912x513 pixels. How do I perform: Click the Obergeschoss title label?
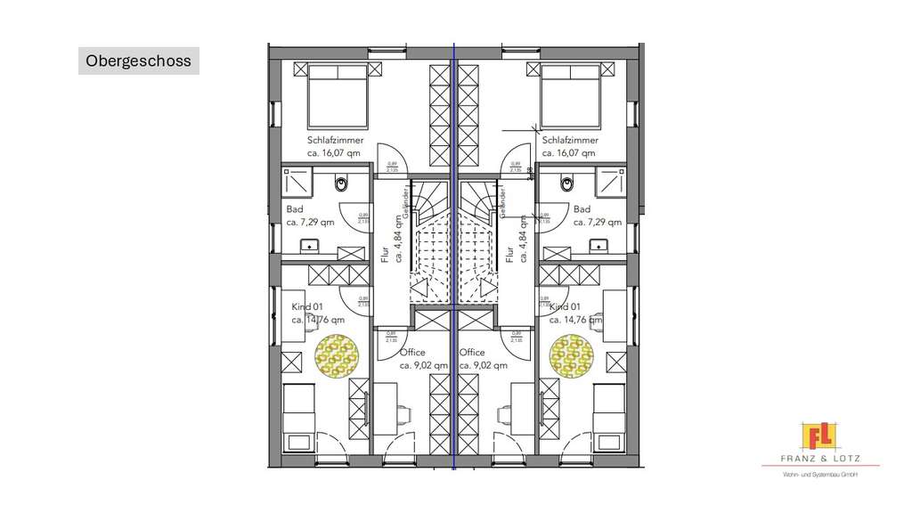tap(138, 61)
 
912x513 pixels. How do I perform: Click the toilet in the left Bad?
tap(341, 184)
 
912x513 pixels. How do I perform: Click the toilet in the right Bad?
tap(567, 184)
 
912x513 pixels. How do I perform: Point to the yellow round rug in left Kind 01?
tap(336, 355)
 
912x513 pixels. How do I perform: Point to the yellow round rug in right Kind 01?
tap(572, 355)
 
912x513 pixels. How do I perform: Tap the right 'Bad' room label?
tap(582, 209)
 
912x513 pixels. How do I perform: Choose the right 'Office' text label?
tap(472, 353)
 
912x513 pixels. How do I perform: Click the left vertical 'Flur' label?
tap(386, 254)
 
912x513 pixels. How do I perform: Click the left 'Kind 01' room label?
tap(307, 307)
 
